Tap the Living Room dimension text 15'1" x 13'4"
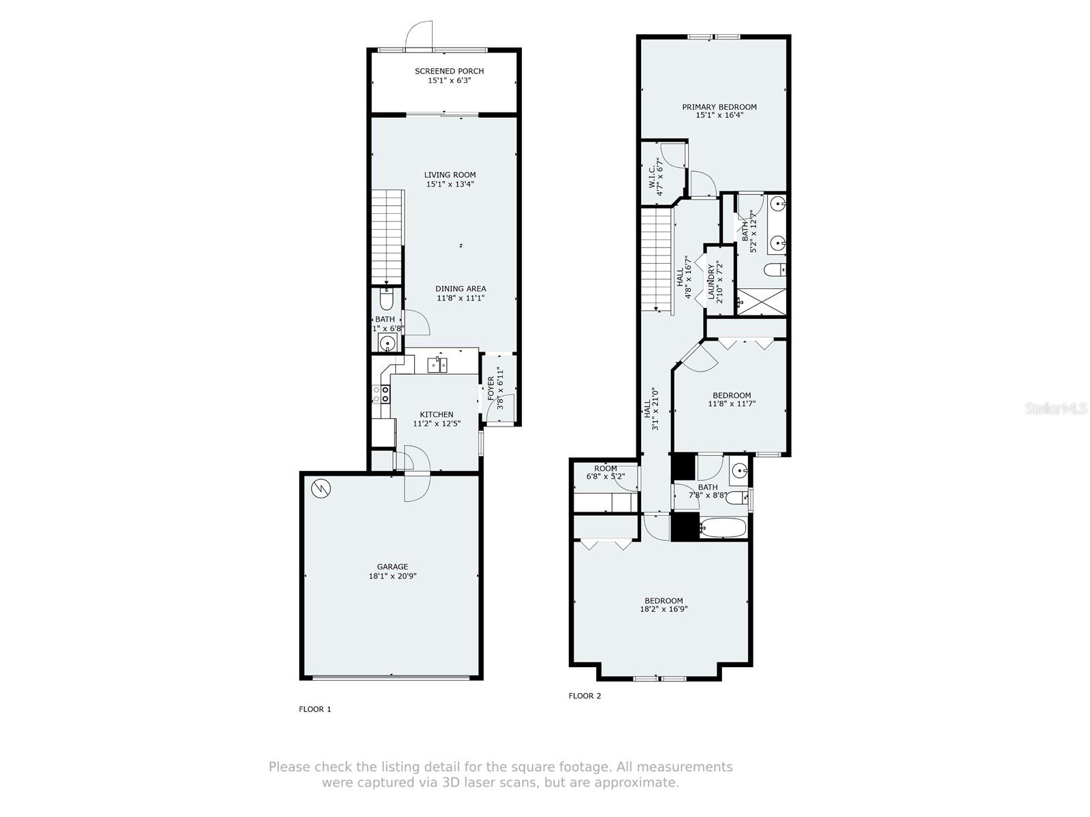click(x=450, y=184)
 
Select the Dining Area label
click(x=461, y=289)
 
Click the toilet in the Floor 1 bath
click(x=386, y=300)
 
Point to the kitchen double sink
click(x=437, y=366)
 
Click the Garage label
click(x=392, y=566)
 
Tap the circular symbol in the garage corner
click(x=320, y=488)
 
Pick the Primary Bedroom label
click(x=719, y=107)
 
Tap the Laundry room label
click(x=711, y=282)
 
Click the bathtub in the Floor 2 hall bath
click(x=723, y=527)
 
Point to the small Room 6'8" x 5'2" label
click(x=605, y=469)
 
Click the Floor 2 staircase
click(x=657, y=259)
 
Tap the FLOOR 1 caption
click(x=315, y=709)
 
